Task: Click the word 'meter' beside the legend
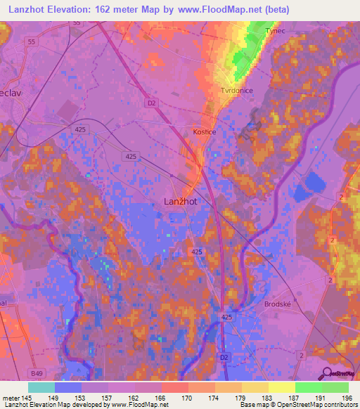tap(11, 398)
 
